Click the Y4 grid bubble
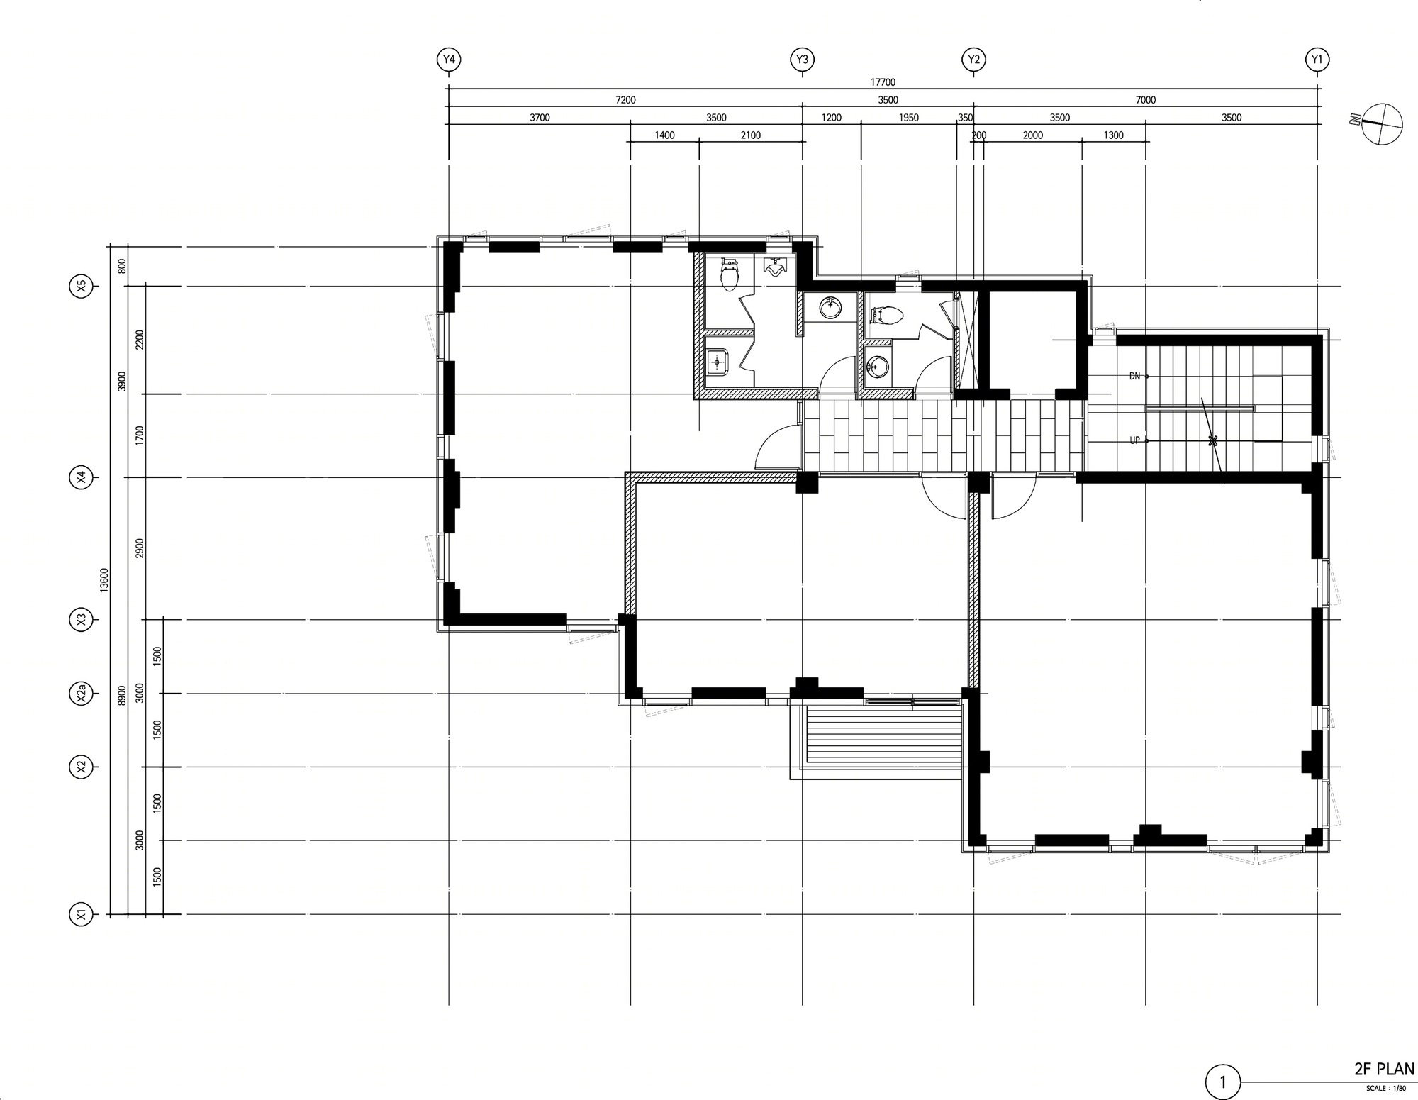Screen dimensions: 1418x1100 click(449, 60)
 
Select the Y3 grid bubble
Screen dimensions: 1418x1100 click(802, 60)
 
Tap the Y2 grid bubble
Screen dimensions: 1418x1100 click(973, 60)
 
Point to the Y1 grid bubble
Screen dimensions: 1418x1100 click(1317, 60)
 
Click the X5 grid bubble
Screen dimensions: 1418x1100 click(81, 287)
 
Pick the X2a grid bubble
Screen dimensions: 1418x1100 click(81, 694)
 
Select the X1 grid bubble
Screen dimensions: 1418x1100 click(81, 915)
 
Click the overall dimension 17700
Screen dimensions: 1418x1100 click(883, 82)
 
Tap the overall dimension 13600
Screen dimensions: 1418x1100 click(104, 580)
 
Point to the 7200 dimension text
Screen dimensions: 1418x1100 click(625, 100)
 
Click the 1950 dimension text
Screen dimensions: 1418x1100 click(908, 118)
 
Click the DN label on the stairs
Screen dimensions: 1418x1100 click(1134, 376)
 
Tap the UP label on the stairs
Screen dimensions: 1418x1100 click(1134, 440)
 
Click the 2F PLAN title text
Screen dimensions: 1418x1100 click(1383, 1069)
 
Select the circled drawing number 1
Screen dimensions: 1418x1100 click(1222, 1082)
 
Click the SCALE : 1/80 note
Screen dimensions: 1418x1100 click(1385, 1088)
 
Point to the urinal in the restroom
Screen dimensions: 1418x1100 click(775, 267)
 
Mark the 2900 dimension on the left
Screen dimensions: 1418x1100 click(140, 548)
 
